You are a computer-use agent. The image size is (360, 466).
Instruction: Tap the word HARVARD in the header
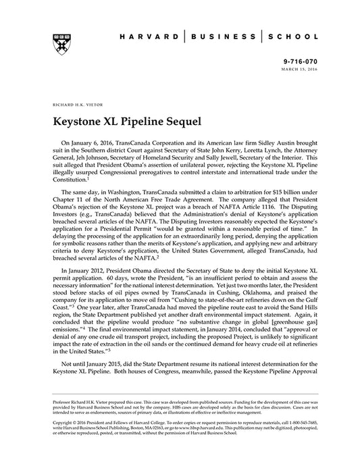point(150,39)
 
